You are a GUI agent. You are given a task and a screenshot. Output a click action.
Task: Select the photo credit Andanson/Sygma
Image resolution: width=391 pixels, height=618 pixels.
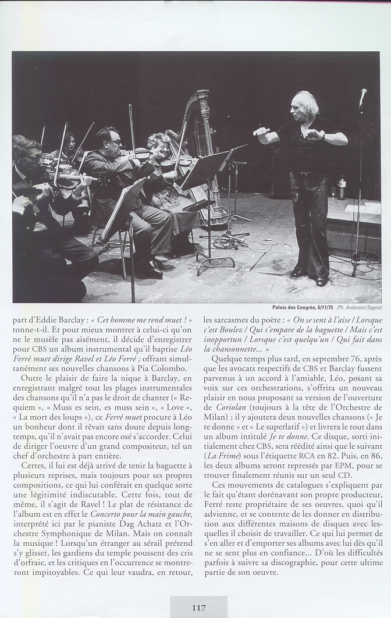358,307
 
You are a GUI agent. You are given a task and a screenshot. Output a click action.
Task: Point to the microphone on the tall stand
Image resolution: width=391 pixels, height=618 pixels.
363,97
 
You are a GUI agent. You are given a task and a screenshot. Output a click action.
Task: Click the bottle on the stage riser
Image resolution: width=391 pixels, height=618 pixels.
342,188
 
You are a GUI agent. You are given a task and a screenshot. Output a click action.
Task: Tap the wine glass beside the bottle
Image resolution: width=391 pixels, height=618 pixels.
333,191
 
